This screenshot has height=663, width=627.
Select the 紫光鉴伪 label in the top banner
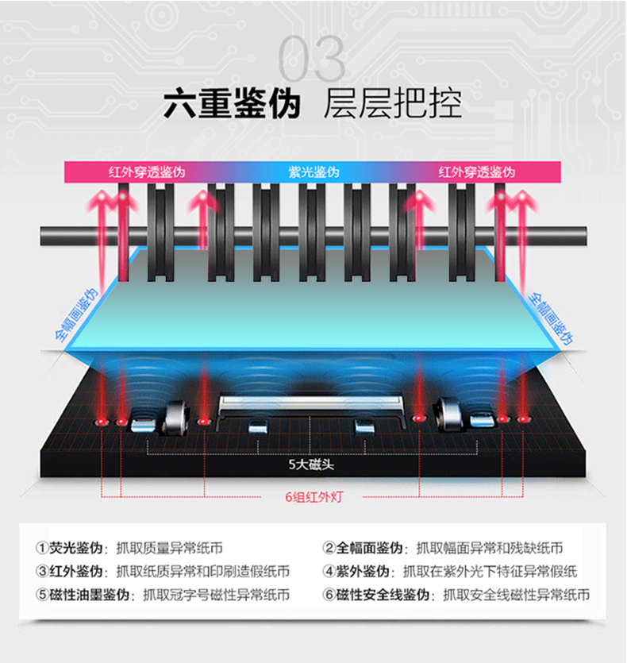[x=313, y=172]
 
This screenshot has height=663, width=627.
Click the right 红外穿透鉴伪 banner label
[x=476, y=172]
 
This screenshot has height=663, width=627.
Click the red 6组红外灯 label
[x=313, y=498]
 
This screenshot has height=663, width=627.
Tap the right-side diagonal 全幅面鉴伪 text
[x=551, y=316]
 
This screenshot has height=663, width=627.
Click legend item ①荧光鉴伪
[x=70, y=548]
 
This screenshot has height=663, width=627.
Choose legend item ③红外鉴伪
[x=70, y=571]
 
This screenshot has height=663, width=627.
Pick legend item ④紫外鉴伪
[x=356, y=571]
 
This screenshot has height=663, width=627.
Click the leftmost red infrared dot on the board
[x=102, y=421]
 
